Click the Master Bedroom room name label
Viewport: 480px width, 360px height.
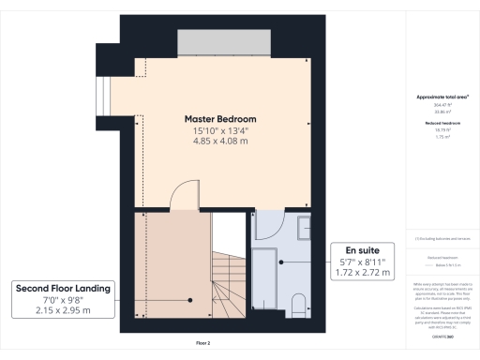click(x=220, y=119)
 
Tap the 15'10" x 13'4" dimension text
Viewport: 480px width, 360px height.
click(x=220, y=131)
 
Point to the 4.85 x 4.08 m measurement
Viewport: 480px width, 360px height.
click(x=220, y=142)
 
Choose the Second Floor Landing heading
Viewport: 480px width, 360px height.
click(x=62, y=289)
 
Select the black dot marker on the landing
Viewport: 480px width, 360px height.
click(x=189, y=300)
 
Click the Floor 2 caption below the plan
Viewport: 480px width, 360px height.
click(x=203, y=344)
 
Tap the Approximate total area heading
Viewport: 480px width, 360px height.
click(x=442, y=97)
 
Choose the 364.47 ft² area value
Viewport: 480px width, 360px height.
click(x=442, y=105)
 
